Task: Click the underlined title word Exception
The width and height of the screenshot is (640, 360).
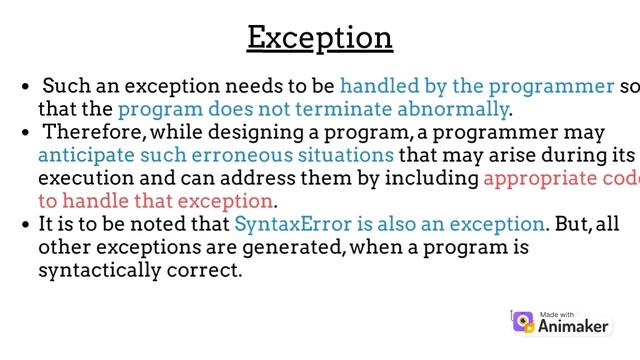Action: pos(320,38)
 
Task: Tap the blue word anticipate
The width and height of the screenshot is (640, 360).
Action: pos(83,155)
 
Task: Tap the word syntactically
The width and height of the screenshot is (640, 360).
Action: pos(98,270)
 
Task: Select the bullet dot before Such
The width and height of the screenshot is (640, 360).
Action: pos(25,87)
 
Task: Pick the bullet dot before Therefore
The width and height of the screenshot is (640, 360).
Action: pos(25,133)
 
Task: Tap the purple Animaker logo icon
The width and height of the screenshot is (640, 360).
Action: pos(523,321)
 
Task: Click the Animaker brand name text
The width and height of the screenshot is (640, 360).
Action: pos(575,325)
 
